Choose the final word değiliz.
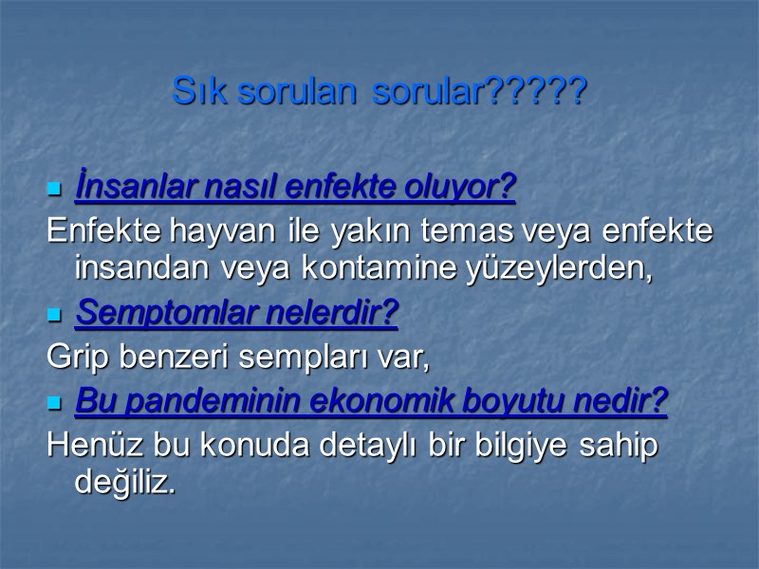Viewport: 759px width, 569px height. click(125, 482)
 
